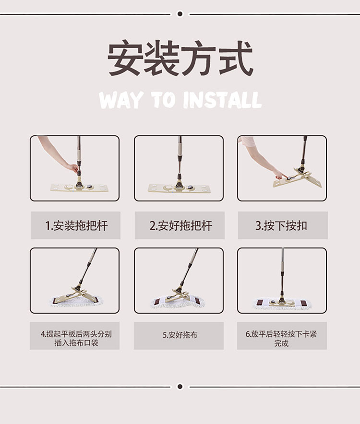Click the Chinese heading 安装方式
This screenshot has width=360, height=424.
[x=180, y=58]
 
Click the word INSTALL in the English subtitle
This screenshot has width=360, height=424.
[x=222, y=100]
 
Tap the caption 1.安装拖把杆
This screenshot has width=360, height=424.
[x=76, y=225]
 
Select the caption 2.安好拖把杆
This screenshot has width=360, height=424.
[x=180, y=225]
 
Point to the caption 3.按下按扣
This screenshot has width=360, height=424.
[x=281, y=225]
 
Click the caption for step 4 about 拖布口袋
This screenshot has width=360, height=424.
[x=76, y=338]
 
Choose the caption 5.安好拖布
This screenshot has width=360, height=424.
[x=180, y=335]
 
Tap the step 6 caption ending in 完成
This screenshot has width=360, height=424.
[x=281, y=339]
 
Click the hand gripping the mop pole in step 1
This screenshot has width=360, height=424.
[x=72, y=168]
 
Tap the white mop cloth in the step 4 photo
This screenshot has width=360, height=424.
[x=77, y=301]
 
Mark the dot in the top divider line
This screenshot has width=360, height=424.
[x=180, y=14]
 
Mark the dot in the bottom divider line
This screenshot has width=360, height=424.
[x=180, y=387]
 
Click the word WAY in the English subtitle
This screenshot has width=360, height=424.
[x=121, y=100]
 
